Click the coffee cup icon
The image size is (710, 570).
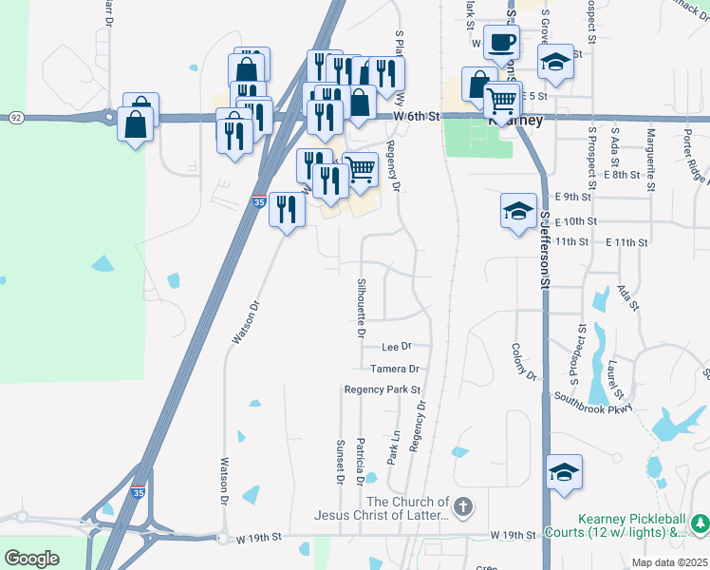[x=501, y=43]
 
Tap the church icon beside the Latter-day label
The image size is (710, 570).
[x=462, y=507]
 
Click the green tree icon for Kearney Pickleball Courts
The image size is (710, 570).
[x=701, y=523]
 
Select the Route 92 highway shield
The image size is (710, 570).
[x=16, y=117]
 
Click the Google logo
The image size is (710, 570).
[x=31, y=559]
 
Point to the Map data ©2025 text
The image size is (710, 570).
[x=669, y=562]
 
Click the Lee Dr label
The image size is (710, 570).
[x=397, y=347]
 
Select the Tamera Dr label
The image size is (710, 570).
[x=394, y=369]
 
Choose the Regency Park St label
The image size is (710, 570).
[x=382, y=389]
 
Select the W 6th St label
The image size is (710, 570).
[x=418, y=116]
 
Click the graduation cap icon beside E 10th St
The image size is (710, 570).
[x=518, y=211]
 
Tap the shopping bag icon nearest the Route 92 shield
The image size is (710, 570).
[x=135, y=123]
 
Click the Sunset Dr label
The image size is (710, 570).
[x=339, y=460]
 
